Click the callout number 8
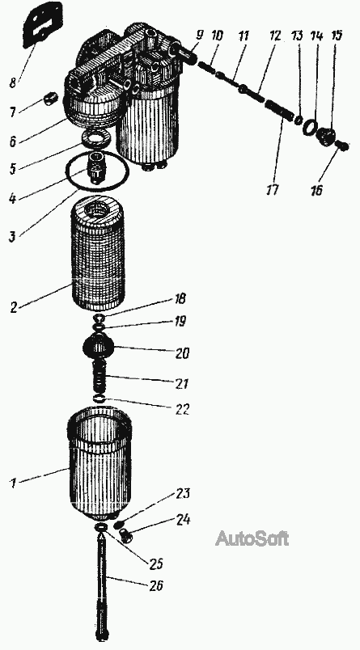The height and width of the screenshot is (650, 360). [13, 82]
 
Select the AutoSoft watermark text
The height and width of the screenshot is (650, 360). [252, 538]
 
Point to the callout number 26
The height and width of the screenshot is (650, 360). [157, 585]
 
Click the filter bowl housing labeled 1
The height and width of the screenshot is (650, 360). [100, 464]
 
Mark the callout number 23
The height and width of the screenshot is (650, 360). [183, 493]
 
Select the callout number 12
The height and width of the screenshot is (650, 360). [275, 36]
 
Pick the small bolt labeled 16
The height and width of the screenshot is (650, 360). [343, 146]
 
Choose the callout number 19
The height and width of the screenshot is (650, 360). [180, 321]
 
